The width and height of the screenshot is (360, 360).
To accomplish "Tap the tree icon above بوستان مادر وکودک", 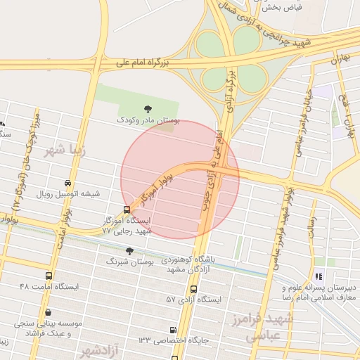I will point(148,108).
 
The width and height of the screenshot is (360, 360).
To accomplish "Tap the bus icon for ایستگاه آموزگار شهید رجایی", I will point(127,209).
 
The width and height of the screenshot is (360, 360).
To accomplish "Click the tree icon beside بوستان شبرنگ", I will point(129,251).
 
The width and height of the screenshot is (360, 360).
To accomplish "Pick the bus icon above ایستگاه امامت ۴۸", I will point(48,276).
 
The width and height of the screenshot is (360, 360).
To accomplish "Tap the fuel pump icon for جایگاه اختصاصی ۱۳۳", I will point(174,330).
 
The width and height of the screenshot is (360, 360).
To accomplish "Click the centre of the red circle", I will point(180,179).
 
